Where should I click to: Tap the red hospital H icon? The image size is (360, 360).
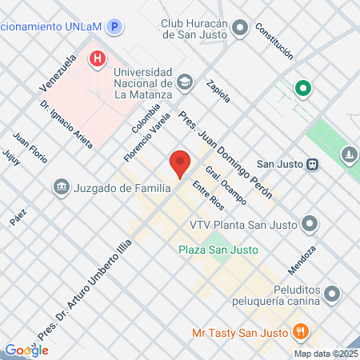coord(98,58)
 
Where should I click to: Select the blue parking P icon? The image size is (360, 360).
coord(116,26)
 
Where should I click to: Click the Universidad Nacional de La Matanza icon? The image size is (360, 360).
coord(186,82)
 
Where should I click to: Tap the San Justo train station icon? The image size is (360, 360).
coord(313,164)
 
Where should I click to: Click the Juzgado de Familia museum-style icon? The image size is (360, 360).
coord(61,188)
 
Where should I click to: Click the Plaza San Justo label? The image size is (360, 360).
coord(218,250)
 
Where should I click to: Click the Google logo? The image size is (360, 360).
coord(26,350)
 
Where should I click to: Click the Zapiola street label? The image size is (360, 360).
coord(218,90)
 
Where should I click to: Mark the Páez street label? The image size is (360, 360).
coord(18,218)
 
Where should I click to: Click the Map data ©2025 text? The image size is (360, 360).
coord(325,353)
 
